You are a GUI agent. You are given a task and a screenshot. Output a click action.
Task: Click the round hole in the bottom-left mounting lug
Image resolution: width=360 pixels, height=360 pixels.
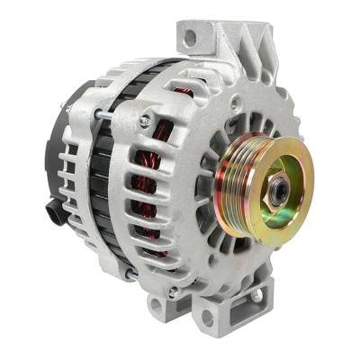click(x=157, y=305)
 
